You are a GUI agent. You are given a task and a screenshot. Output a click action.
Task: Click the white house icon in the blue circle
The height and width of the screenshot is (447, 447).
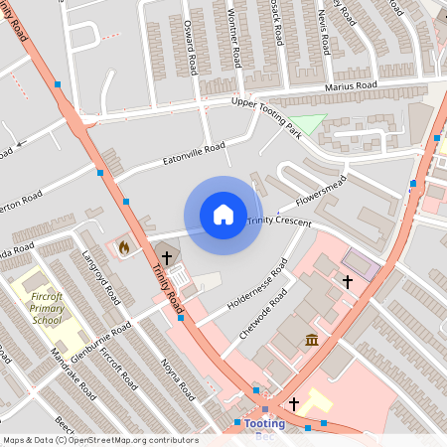[223, 214]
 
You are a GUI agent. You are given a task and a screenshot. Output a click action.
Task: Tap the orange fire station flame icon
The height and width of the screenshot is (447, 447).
[124, 246]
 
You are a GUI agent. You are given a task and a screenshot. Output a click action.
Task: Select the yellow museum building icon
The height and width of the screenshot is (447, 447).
[312, 341]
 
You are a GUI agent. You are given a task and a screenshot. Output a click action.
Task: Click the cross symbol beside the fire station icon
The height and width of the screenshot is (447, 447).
[167, 258]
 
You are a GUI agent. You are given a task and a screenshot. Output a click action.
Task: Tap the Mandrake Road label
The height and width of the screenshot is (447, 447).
[74, 374]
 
